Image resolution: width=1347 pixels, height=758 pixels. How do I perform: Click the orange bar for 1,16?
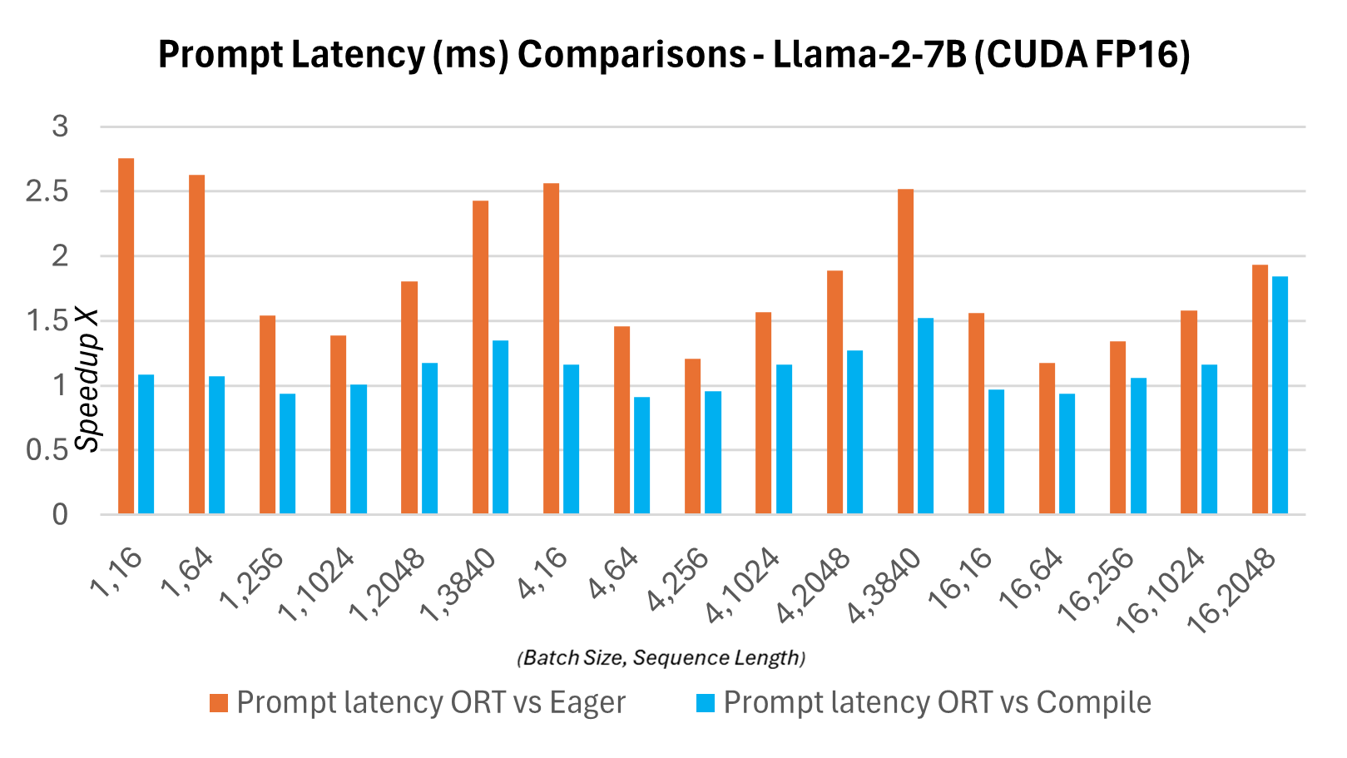[126, 336]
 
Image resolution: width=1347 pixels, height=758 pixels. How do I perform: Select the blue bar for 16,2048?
[1280, 395]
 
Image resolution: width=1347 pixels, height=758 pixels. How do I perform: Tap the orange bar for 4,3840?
[905, 352]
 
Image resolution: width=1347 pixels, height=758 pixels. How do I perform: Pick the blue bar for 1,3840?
[500, 427]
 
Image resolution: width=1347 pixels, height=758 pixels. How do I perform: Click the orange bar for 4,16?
[551, 349]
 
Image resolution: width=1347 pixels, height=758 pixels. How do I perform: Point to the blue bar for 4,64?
[641, 456]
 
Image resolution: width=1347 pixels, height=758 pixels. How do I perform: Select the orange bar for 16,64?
[1047, 438]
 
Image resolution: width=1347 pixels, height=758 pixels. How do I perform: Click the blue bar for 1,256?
[287, 454]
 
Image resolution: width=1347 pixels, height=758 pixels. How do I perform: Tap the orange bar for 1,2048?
[409, 398]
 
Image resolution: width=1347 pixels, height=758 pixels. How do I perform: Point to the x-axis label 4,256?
[679, 579]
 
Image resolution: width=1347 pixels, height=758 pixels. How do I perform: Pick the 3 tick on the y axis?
[60, 126]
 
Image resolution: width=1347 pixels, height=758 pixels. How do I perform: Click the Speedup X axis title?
[87, 380]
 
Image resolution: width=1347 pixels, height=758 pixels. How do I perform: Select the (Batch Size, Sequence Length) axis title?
[661, 658]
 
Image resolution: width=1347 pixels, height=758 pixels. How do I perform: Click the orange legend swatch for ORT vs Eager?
[219, 703]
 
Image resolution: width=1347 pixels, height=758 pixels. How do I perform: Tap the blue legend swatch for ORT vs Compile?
[706, 703]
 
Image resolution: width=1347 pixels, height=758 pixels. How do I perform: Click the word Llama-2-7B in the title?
[869, 55]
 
